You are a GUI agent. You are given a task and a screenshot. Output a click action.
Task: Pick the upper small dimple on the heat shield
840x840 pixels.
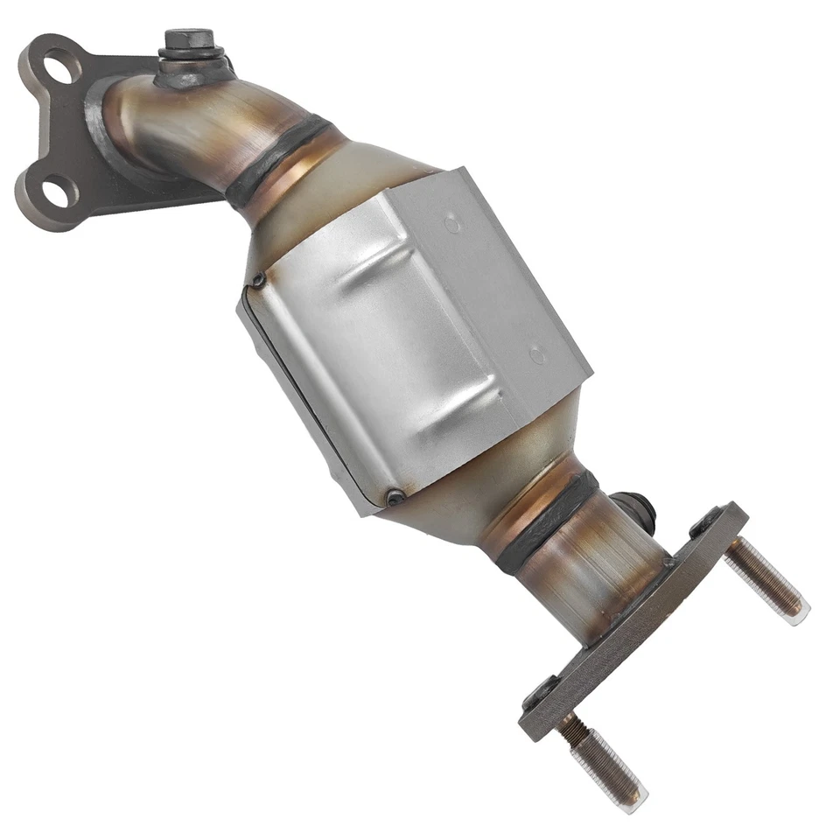click(452, 224)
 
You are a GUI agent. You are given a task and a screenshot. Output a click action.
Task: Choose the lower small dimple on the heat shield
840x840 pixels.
click(538, 355)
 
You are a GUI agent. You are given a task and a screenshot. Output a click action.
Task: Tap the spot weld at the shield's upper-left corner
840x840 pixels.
click(258, 281)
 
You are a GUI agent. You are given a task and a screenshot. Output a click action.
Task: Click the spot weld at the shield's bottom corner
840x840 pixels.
click(395, 497)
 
